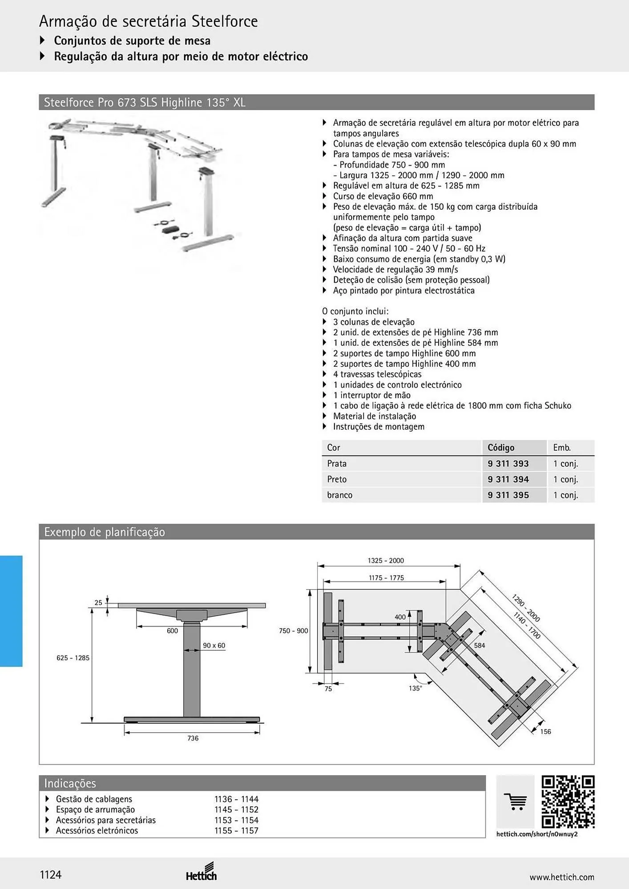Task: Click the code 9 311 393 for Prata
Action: pyautogui.click(x=508, y=464)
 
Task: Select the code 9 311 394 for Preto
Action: pyautogui.click(x=508, y=479)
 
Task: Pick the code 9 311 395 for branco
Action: pyautogui.click(x=508, y=495)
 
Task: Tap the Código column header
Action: pyautogui.click(x=501, y=448)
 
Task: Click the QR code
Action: pyautogui.click(x=568, y=802)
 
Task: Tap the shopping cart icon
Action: pyautogui.click(x=516, y=802)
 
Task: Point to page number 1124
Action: pyautogui.click(x=51, y=875)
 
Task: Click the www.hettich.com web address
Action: pyautogui.click(x=562, y=877)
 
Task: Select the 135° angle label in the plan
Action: pyautogui.click(x=415, y=688)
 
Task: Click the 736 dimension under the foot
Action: pyautogui.click(x=193, y=738)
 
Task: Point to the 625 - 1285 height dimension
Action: pyautogui.click(x=73, y=658)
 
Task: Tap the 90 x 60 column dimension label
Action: pyautogui.click(x=214, y=645)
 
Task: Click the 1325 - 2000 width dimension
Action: pyautogui.click(x=386, y=561)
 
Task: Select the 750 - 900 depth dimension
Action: pyautogui.click(x=294, y=631)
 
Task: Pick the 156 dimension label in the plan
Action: pyautogui.click(x=545, y=732)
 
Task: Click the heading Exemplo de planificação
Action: pyautogui.click(x=105, y=532)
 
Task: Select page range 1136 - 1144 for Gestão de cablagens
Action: pyautogui.click(x=236, y=799)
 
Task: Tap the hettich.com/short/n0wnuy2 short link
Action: pyautogui.click(x=537, y=834)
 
